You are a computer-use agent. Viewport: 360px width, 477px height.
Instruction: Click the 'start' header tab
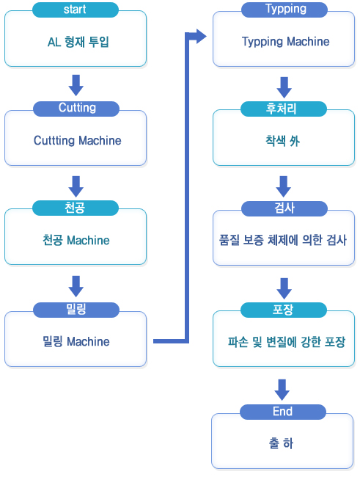coord(76,10)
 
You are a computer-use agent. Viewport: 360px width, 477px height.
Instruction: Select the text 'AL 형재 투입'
coord(78,42)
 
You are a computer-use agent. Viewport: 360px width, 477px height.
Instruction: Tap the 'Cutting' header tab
coord(76,109)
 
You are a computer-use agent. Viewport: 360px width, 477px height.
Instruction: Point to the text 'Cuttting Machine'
coord(77,141)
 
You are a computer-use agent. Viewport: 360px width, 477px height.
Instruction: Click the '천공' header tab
coord(76,208)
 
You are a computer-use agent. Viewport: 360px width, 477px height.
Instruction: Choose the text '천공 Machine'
coord(76,240)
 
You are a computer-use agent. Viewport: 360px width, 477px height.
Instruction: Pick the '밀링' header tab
coord(76,310)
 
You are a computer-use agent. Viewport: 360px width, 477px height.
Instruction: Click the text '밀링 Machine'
coord(76,341)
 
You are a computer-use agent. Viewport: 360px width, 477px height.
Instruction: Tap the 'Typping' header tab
coord(284,10)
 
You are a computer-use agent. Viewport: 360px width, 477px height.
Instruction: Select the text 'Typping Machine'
coord(285,42)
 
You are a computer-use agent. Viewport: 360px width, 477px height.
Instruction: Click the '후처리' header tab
coord(283,109)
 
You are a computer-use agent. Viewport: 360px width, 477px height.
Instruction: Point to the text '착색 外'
coord(282,141)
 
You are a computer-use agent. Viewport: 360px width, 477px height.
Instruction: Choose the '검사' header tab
coord(284,208)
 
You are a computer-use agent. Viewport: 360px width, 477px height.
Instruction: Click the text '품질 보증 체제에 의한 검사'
coord(283,240)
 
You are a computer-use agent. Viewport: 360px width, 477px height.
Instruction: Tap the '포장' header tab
coord(283,310)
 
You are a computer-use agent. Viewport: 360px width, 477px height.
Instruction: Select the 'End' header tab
coord(283,412)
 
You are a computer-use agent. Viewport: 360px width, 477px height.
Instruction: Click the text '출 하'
coord(281,443)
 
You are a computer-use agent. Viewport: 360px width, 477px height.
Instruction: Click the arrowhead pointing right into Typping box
coord(201,37)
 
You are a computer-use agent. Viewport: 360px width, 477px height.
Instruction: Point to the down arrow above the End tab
coord(282,390)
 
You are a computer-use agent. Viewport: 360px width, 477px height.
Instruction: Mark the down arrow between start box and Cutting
coord(76,85)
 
